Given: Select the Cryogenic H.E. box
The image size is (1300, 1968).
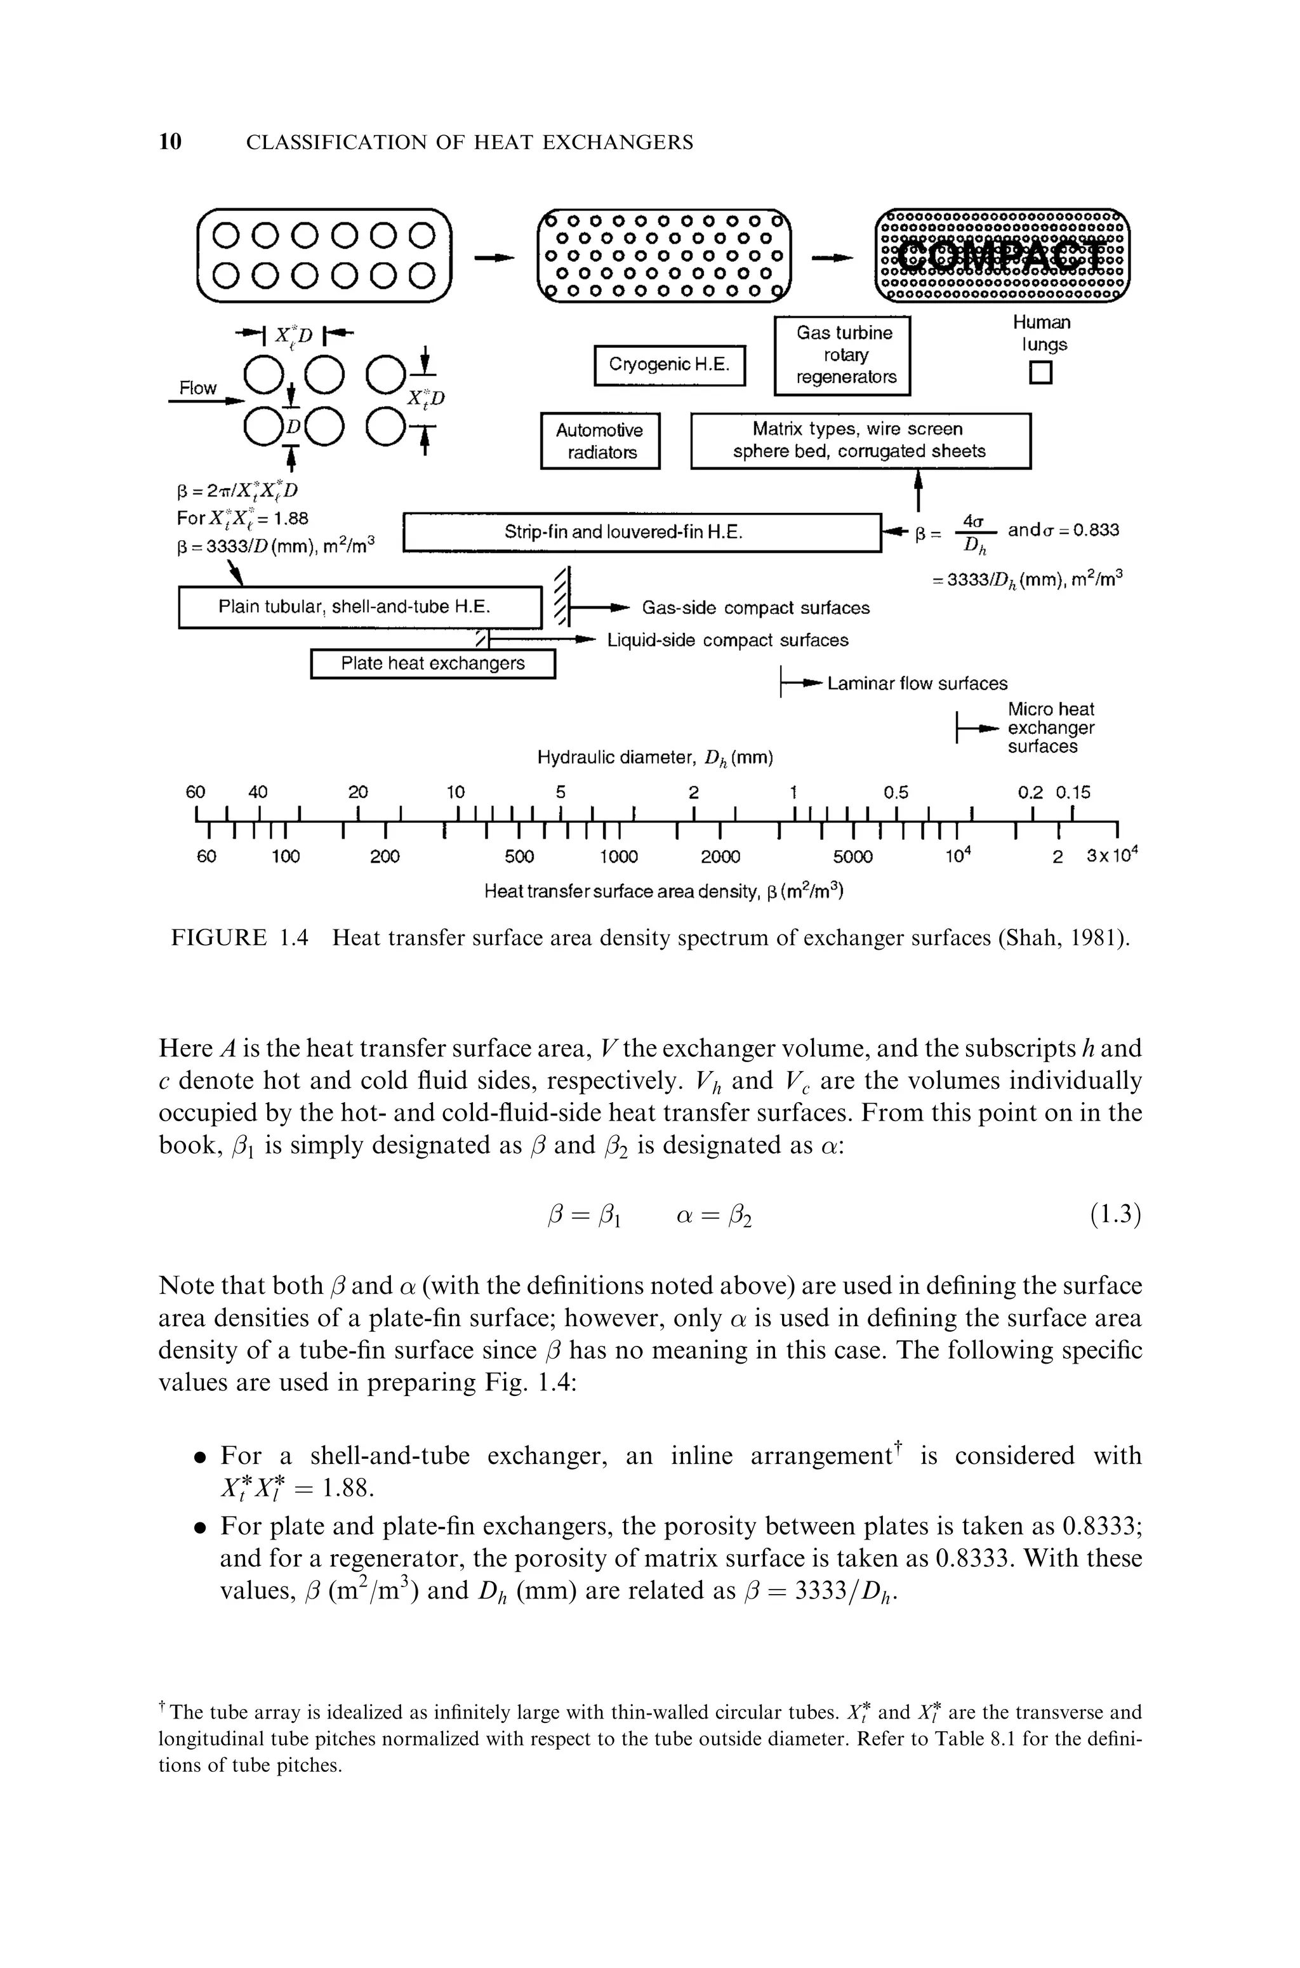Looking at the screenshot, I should (670, 366).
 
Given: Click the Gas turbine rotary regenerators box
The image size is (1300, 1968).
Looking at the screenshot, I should (842, 356).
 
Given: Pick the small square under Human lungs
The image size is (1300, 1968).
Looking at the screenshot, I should (1040, 374).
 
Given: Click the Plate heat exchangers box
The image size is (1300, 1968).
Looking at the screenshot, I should (432, 664).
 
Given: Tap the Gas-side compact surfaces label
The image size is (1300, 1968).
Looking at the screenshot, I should (755, 608).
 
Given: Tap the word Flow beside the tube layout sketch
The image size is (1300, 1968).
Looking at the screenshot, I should (198, 388).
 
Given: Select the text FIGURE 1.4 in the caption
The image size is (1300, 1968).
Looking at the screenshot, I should (239, 938).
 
